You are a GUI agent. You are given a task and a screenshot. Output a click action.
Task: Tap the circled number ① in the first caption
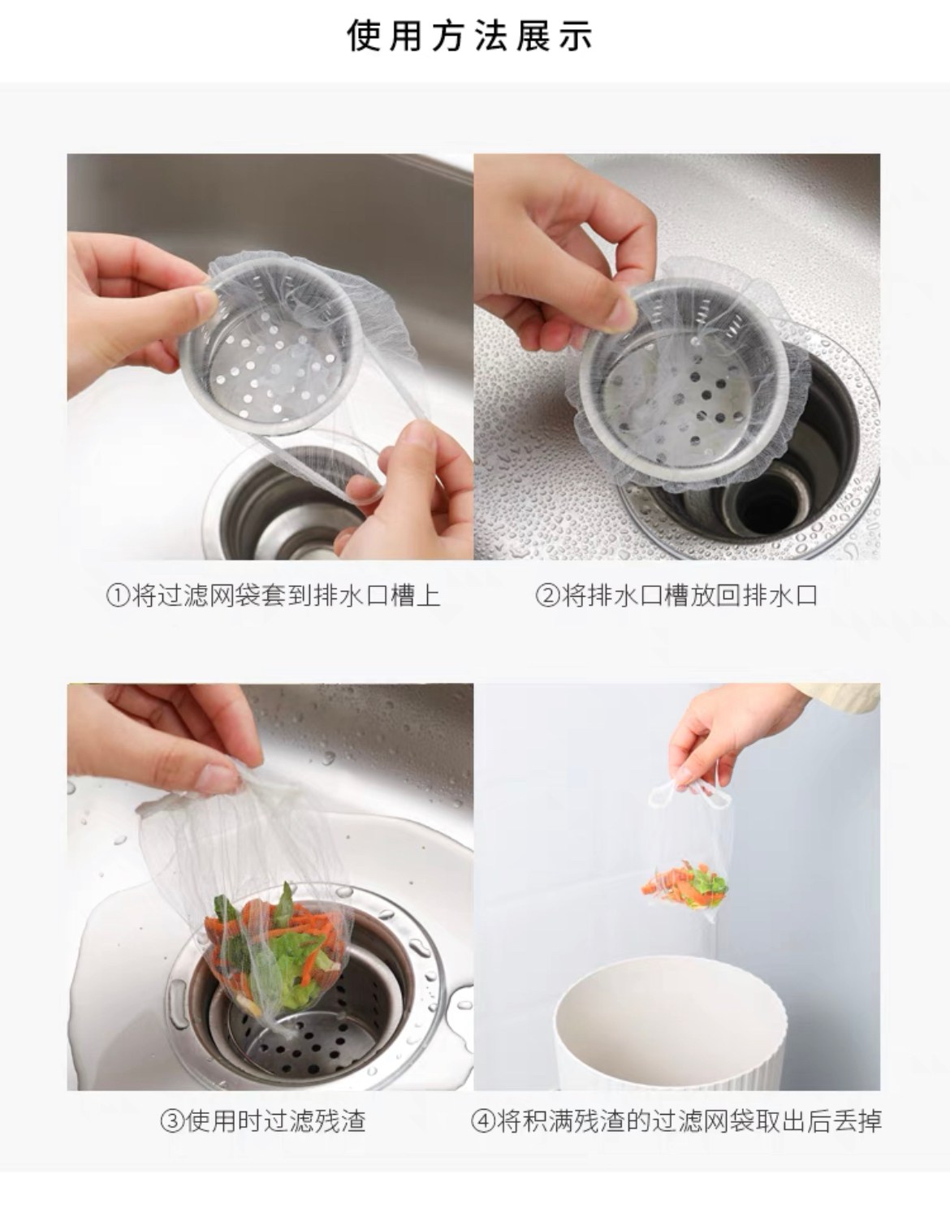(x=117, y=596)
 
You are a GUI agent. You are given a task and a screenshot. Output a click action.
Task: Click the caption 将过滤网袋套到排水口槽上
(x=285, y=596)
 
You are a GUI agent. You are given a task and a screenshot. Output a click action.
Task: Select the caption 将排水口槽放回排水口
(x=689, y=596)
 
